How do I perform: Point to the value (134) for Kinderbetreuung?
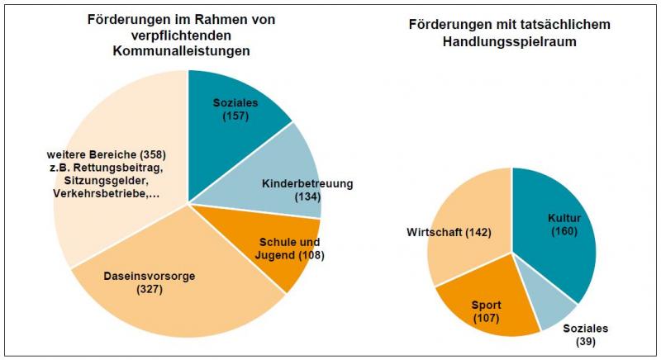click(x=307, y=197)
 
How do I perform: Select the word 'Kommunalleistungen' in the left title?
click(x=181, y=50)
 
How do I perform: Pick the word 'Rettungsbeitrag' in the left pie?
click(x=116, y=168)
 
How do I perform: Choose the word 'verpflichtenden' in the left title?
click(x=181, y=35)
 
